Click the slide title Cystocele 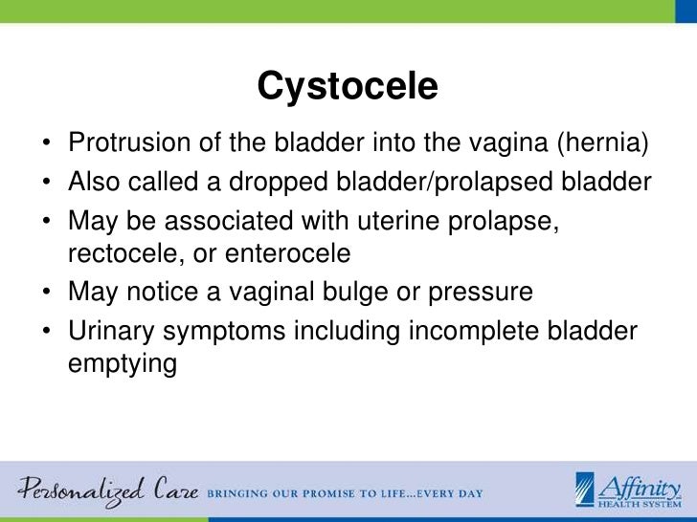click(x=348, y=87)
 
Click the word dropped click(x=296, y=182)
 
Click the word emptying click(x=123, y=364)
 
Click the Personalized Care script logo click(x=105, y=489)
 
